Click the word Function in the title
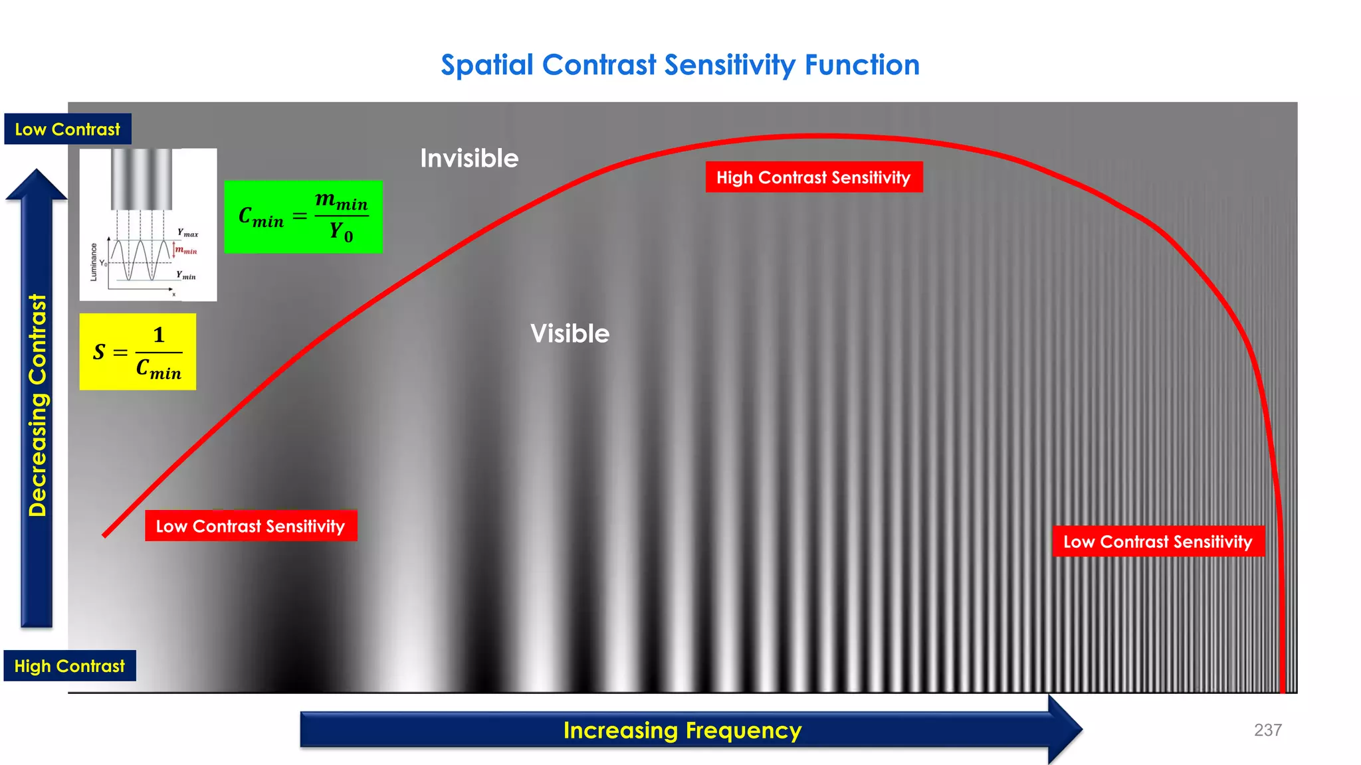(x=862, y=65)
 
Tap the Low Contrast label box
(x=68, y=129)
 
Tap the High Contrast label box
(x=70, y=665)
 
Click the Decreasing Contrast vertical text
(x=38, y=405)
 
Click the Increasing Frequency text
(x=682, y=730)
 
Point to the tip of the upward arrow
(x=37, y=171)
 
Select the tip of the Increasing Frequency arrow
(x=1081, y=729)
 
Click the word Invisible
(x=469, y=159)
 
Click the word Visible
(x=570, y=333)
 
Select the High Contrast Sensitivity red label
(x=813, y=177)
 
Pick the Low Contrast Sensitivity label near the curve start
(x=251, y=526)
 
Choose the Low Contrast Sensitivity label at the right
(x=1158, y=541)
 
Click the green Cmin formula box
(x=303, y=216)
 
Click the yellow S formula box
(x=138, y=352)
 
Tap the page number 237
(x=1267, y=730)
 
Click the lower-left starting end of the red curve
(x=106, y=534)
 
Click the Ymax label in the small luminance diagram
(x=187, y=233)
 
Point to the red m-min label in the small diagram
(x=187, y=250)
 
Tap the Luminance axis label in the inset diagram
(x=94, y=262)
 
